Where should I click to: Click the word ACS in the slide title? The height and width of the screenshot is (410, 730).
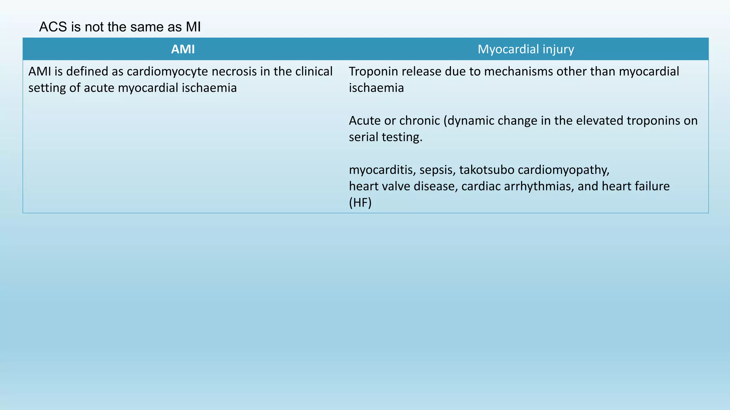(x=53, y=27)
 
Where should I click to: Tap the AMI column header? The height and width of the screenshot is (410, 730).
(x=183, y=49)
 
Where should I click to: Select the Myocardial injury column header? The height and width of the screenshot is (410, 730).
(x=526, y=49)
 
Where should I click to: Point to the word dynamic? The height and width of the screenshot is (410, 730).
(x=471, y=121)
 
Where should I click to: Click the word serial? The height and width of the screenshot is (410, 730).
(x=364, y=137)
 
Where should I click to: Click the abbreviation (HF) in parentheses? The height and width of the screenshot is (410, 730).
(x=360, y=203)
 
